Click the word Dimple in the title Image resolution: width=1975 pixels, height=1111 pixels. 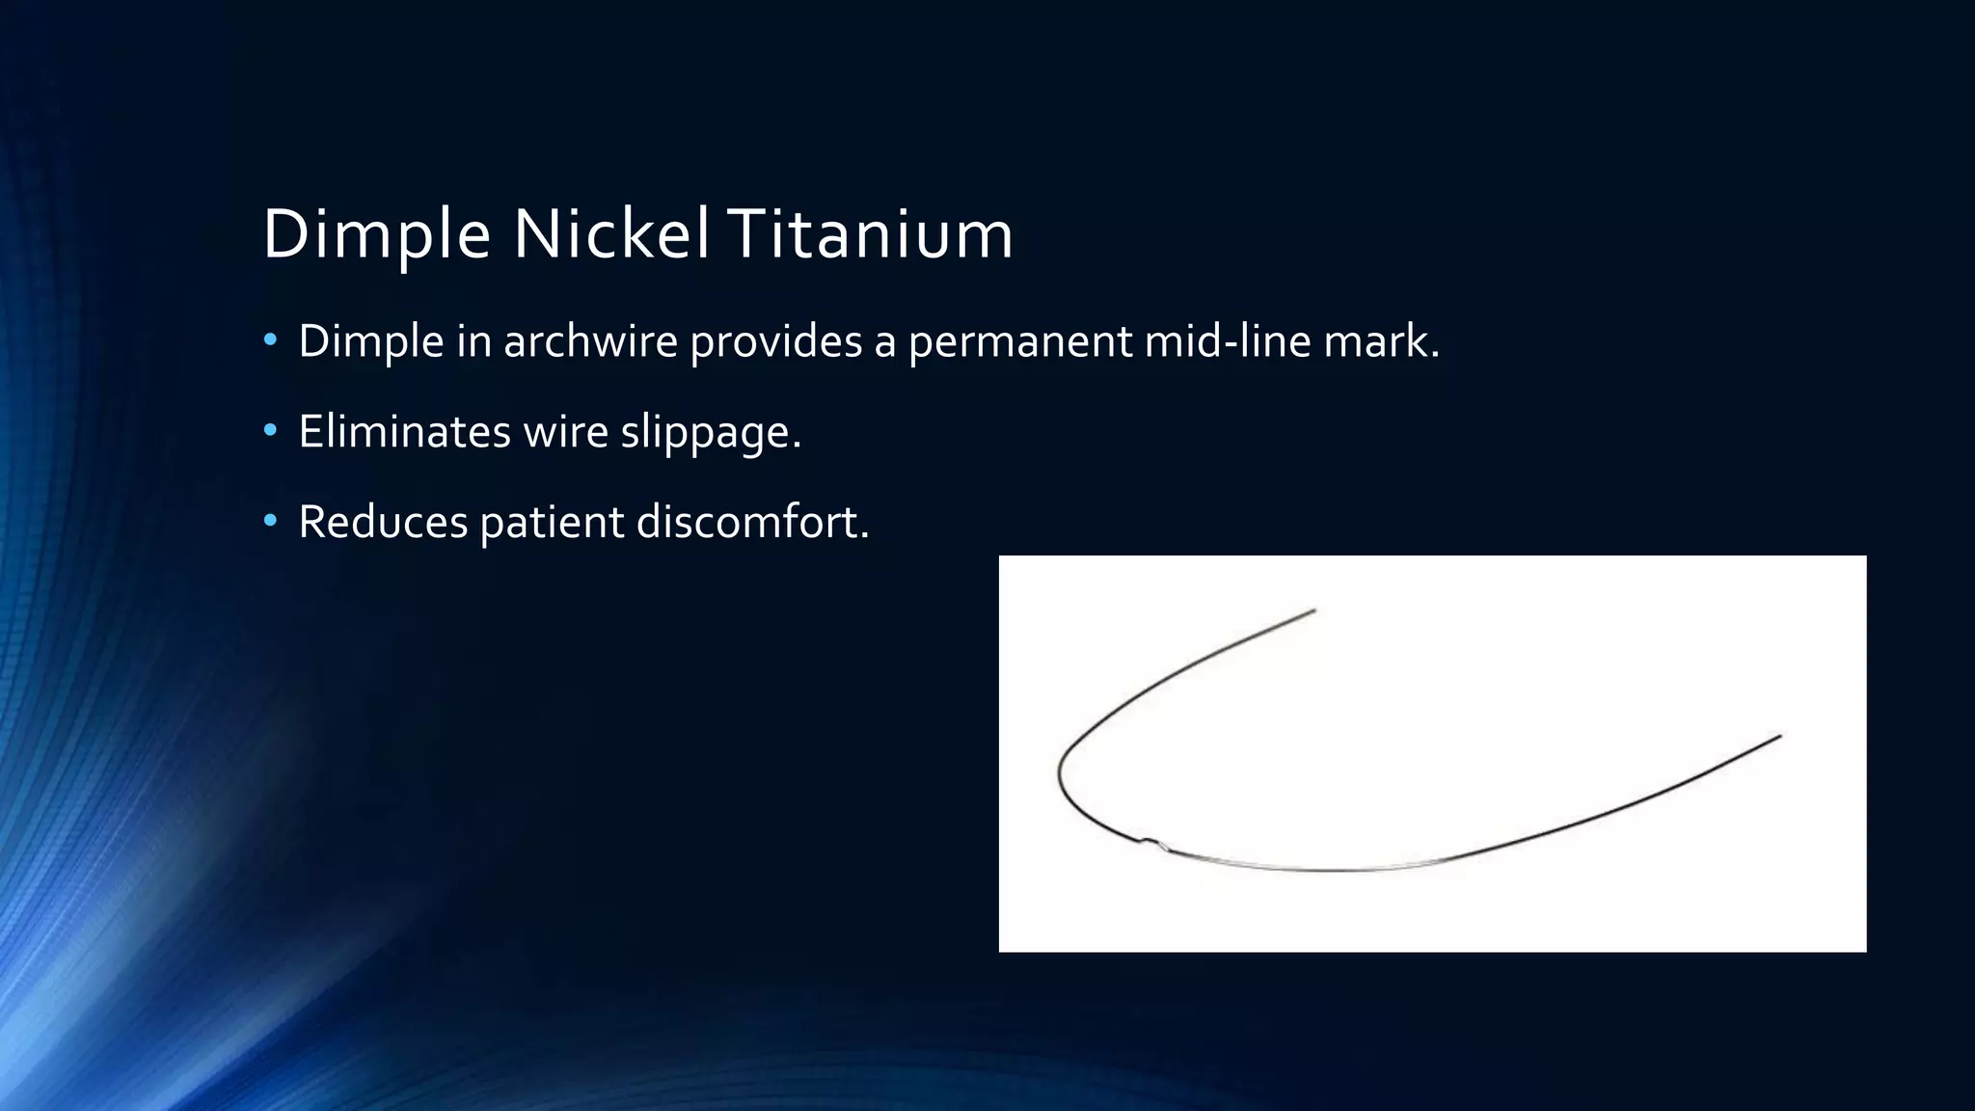[376, 234]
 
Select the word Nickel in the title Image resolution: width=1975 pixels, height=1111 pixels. [611, 234]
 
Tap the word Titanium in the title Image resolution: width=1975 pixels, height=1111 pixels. [870, 234]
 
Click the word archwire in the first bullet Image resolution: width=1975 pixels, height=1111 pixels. [590, 341]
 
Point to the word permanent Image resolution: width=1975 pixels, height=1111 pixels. [1020, 341]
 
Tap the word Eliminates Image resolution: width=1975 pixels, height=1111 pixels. [404, 431]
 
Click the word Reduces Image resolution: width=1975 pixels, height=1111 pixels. [383, 522]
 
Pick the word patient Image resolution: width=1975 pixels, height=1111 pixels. [552, 522]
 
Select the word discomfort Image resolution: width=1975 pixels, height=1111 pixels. [751, 522]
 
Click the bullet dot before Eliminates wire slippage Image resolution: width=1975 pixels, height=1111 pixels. [271, 431]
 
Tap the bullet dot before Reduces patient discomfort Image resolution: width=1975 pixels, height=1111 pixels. [271, 522]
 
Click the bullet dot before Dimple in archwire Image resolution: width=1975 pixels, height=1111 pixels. [271, 340]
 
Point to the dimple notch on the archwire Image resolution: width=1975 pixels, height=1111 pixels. [1151, 843]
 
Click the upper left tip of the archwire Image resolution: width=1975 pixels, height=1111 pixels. [1313, 610]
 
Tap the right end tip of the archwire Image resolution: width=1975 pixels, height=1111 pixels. [1779, 737]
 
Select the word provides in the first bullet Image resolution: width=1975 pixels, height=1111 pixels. [775, 341]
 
